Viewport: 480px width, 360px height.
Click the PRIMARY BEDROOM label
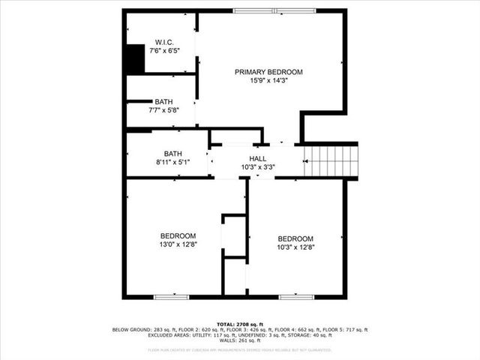pyautogui.click(x=268, y=72)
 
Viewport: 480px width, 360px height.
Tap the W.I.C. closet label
pyautogui.click(x=163, y=41)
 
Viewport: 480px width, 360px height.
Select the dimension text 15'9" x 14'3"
pyautogui.click(x=268, y=81)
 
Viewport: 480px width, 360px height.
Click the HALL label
pyautogui.click(x=258, y=158)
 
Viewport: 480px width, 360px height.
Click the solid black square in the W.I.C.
pyautogui.click(x=135, y=59)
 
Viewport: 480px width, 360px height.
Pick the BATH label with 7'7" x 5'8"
pyautogui.click(x=163, y=102)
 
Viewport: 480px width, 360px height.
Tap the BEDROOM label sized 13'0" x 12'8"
pyautogui.click(x=178, y=235)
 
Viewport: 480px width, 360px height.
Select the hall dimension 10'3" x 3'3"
pyautogui.click(x=258, y=167)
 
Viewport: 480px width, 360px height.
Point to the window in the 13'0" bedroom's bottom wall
pyautogui.click(x=172, y=298)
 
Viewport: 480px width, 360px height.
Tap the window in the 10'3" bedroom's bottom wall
pyautogui.click(x=296, y=298)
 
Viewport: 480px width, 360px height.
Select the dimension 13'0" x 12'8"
pyautogui.click(x=178, y=244)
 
